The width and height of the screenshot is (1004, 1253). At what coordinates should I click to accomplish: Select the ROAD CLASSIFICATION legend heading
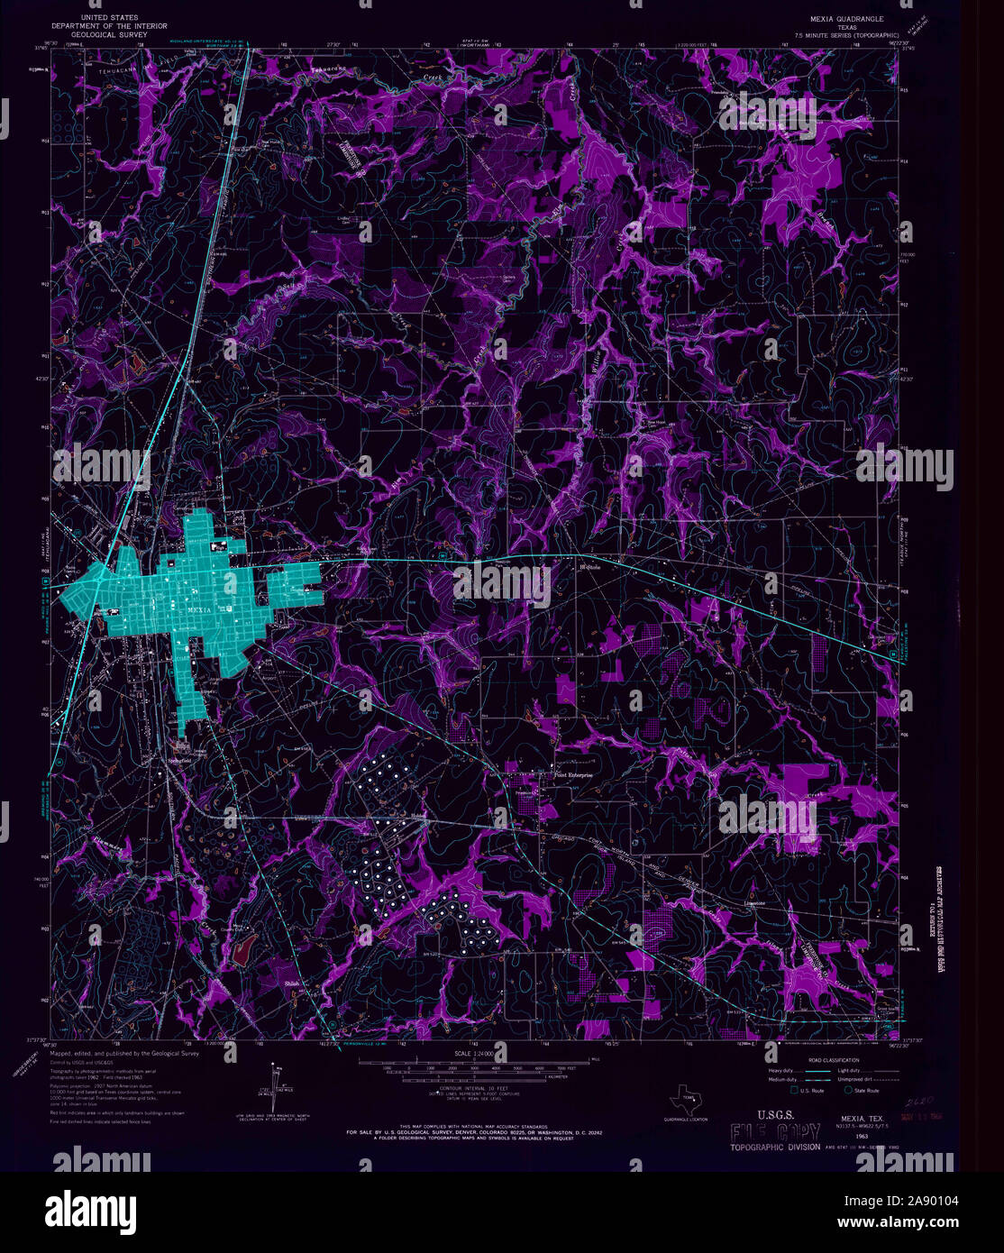pos(834,1061)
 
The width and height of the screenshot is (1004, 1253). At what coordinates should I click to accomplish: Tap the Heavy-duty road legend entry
pos(782,1071)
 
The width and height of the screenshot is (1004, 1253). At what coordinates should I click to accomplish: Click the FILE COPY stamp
pos(774,1133)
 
